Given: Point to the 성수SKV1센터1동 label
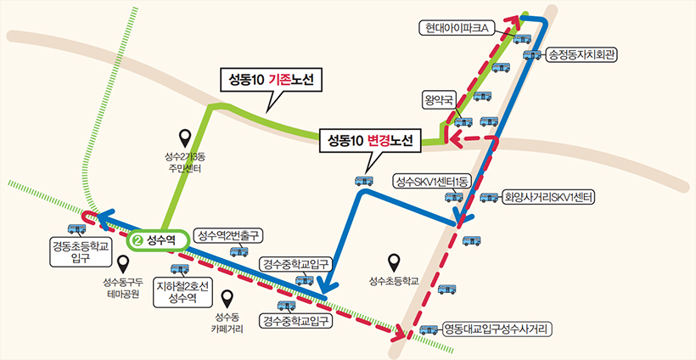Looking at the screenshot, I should click(432, 182).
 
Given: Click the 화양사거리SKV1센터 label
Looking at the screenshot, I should click(547, 198).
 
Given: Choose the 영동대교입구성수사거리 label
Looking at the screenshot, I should click(495, 329).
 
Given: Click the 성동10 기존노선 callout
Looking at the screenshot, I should click(272, 81).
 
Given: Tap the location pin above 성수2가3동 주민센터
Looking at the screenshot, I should click(185, 138).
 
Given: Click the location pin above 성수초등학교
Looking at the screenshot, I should click(394, 263).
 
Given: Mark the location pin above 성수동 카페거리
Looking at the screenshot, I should click(227, 299).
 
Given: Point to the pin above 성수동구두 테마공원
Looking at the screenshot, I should click(122, 266).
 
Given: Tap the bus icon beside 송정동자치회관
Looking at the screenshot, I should click(533, 54).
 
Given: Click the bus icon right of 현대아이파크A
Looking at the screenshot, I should click(523, 38).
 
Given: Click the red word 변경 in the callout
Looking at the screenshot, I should click(379, 141).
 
